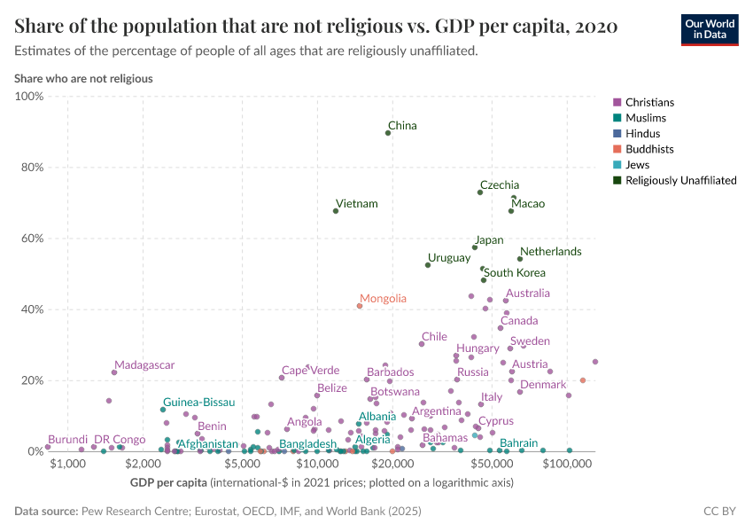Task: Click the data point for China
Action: pyautogui.click(x=388, y=133)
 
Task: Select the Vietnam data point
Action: pyautogui.click(x=336, y=211)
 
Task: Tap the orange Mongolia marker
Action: pyautogui.click(x=360, y=306)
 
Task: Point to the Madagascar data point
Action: pyautogui.click(x=114, y=372)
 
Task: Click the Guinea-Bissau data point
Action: pyautogui.click(x=163, y=410)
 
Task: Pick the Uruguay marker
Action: pyautogui.click(x=428, y=265)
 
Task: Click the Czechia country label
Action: pyautogui.click(x=500, y=185)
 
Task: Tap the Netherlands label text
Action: pyautogui.click(x=550, y=252)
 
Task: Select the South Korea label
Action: pyautogui.click(x=515, y=273)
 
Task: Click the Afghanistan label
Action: pyautogui.click(x=208, y=443)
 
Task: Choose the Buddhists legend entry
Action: pyautogui.click(x=649, y=149)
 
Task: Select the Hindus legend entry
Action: pyautogui.click(x=642, y=134)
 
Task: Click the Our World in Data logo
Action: pyautogui.click(x=710, y=29)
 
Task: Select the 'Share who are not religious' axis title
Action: pyautogui.click(x=83, y=78)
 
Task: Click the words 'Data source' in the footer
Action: pyautogui.click(x=45, y=512)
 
